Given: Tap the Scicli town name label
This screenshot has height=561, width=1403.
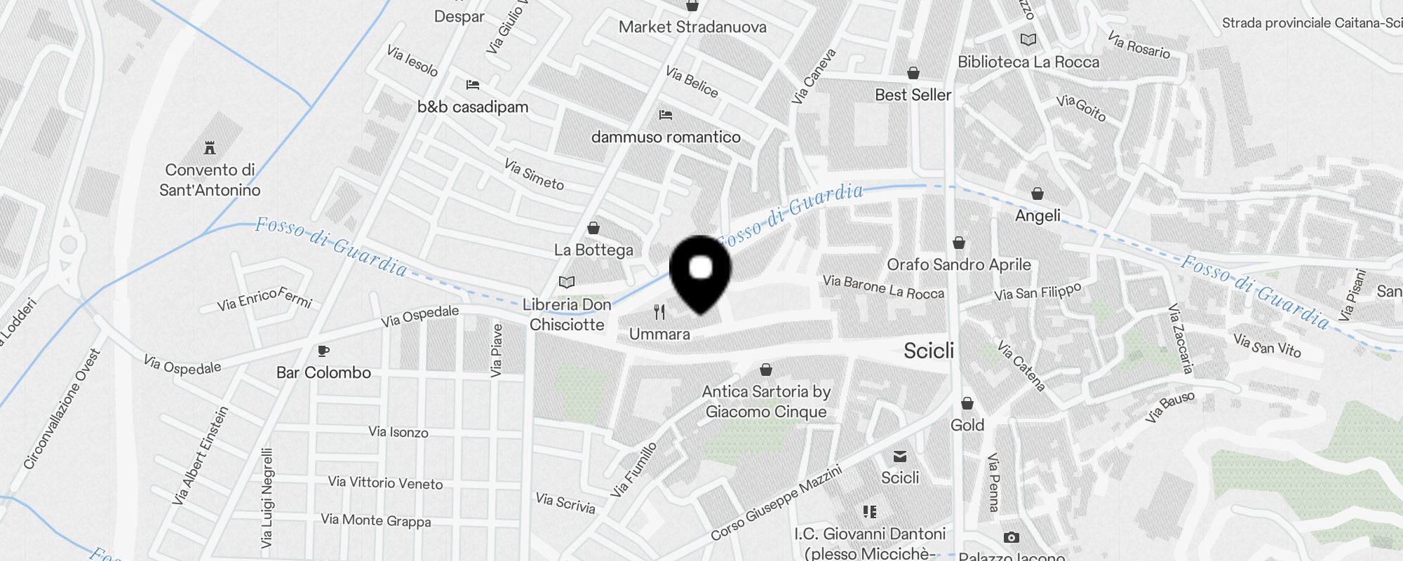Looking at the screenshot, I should click(929, 351).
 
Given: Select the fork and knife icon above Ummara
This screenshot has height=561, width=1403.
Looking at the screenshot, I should click(659, 312).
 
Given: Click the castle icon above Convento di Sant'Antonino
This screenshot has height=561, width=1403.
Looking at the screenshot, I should click(209, 148).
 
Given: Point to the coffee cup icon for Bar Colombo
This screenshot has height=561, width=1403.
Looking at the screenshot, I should click(323, 351).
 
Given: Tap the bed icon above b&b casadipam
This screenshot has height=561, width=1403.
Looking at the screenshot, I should click(473, 85).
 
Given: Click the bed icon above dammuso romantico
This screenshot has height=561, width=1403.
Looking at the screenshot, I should click(666, 114).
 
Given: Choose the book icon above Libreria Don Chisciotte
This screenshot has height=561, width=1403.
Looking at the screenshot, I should click(567, 282).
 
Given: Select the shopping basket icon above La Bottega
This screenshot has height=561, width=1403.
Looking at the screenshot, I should click(593, 228).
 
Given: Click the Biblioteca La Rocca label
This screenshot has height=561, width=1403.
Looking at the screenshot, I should click(1028, 62).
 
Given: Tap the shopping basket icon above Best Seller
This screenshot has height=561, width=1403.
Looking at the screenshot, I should click(913, 73).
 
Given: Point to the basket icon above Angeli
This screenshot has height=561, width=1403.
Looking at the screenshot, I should click(1038, 194).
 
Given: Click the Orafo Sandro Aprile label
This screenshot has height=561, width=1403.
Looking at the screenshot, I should click(959, 264).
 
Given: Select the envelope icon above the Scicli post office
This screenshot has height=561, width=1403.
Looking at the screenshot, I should click(900, 457).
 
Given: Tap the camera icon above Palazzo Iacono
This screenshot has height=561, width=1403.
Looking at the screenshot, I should click(1011, 537).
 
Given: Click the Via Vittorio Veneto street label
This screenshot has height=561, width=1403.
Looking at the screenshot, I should click(385, 482).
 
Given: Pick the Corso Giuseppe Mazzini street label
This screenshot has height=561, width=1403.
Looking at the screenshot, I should click(776, 503).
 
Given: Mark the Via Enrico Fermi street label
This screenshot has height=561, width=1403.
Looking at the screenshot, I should click(264, 299).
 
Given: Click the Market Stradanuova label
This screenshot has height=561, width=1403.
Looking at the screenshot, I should click(692, 27).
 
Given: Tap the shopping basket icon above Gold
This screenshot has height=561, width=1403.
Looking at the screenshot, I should click(967, 403).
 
